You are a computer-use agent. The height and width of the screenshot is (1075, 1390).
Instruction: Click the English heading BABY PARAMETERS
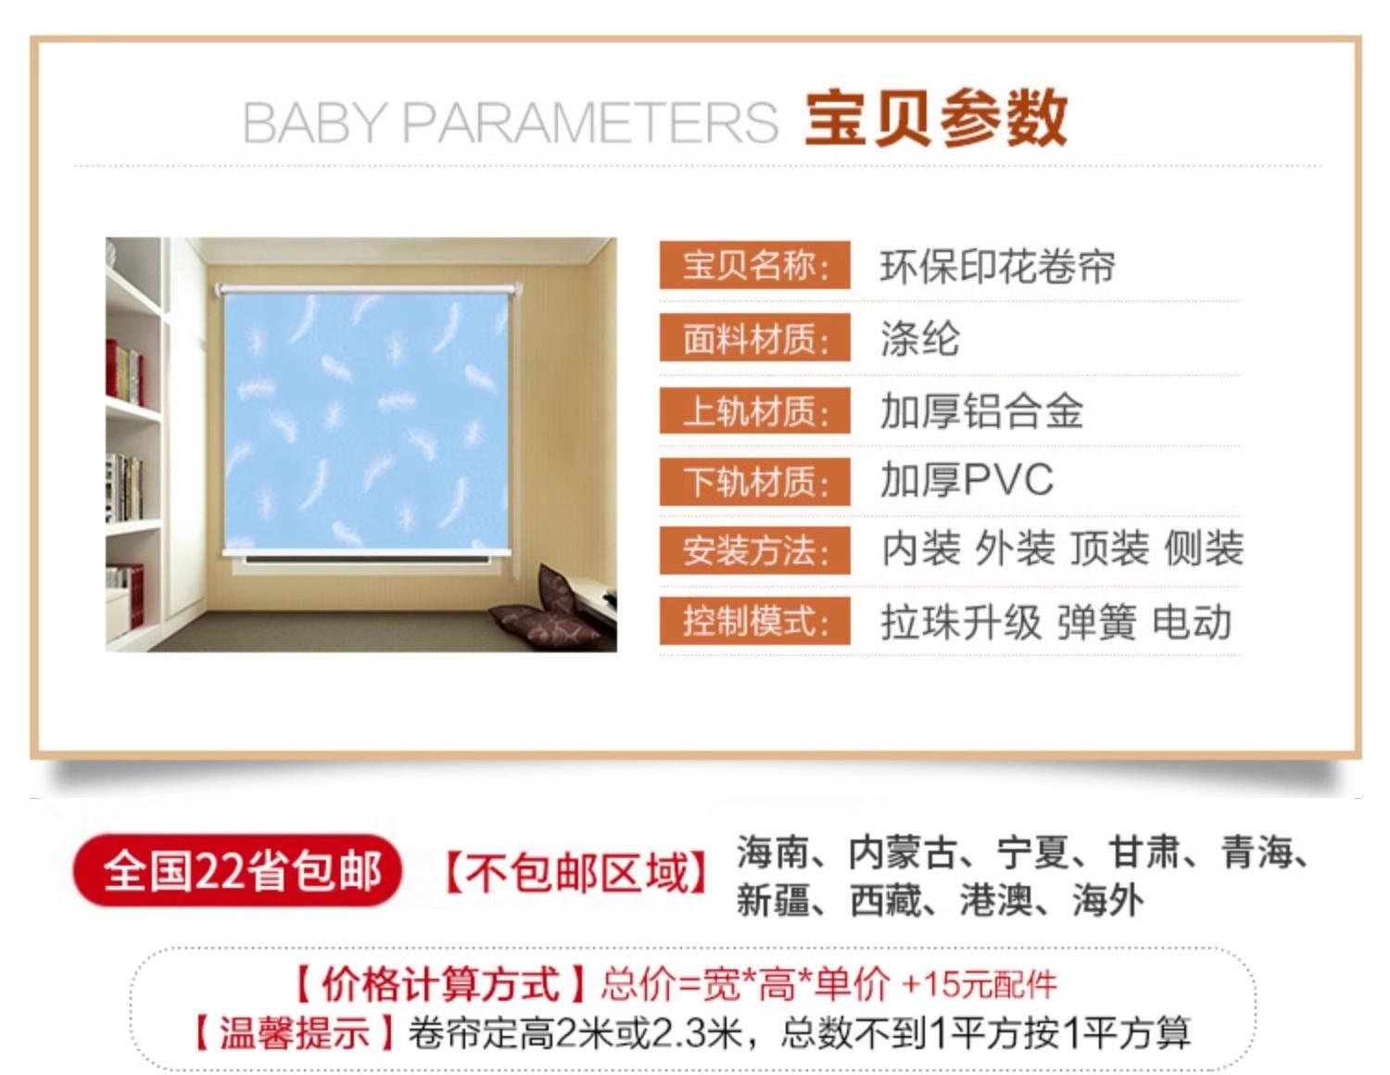pyautogui.click(x=510, y=122)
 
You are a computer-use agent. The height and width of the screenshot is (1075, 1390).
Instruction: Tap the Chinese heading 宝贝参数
pyautogui.click(x=936, y=119)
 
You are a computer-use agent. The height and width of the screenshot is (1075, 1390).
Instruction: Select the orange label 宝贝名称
pyautogui.click(x=755, y=265)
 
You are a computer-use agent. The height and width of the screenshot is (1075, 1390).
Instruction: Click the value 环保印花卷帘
pyautogui.click(x=997, y=266)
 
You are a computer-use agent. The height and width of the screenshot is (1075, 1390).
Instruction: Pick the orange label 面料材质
pyautogui.click(x=755, y=337)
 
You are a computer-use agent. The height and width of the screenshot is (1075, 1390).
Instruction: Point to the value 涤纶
pyautogui.click(x=920, y=338)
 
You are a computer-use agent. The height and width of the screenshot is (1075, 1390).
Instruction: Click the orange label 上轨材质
pyautogui.click(x=755, y=410)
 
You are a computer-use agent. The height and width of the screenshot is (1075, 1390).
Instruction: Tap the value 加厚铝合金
pyautogui.click(x=981, y=411)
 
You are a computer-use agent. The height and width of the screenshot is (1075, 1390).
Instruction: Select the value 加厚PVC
pyautogui.click(x=966, y=480)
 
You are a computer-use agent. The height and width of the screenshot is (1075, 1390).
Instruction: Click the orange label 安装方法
pyautogui.click(x=755, y=550)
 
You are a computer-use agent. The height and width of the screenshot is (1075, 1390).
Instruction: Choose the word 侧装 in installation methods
pyautogui.click(x=1204, y=549)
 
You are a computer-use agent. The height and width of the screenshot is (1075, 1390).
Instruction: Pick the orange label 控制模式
pyautogui.click(x=755, y=621)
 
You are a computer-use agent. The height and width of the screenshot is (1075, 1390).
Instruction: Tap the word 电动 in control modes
pyautogui.click(x=1192, y=622)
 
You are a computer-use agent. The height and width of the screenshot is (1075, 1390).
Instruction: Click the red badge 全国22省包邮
pyautogui.click(x=237, y=870)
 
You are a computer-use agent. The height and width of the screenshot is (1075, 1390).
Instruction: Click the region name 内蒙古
pyautogui.click(x=902, y=852)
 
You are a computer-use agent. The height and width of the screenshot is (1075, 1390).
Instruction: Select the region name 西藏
pyautogui.click(x=885, y=901)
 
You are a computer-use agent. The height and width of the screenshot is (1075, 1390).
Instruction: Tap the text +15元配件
pyautogui.click(x=979, y=985)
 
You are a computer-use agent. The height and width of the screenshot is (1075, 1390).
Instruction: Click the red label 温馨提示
pyautogui.click(x=295, y=1032)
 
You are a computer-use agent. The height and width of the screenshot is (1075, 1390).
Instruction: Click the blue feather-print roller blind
pyautogui.click(x=367, y=422)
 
